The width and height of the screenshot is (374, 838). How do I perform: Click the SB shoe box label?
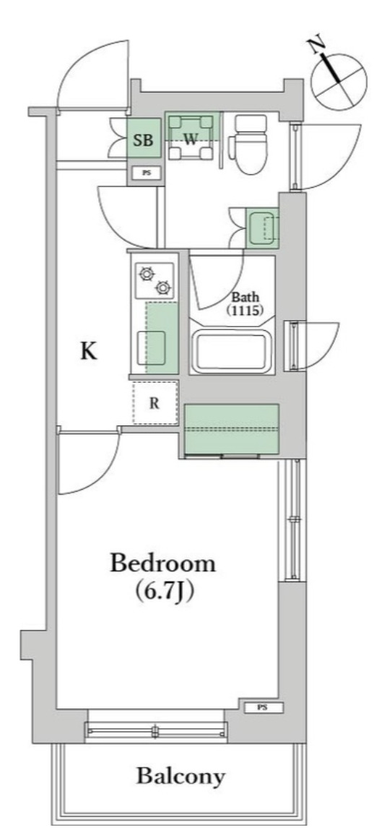144,140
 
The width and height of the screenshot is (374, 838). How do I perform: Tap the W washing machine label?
190,140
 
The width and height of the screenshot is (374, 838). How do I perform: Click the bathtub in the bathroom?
231,351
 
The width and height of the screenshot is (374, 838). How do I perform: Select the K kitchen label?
88,351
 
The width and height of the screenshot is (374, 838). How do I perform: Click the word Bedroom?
162,563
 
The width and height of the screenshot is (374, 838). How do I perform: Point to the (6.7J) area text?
165,591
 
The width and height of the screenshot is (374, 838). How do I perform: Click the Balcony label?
181,777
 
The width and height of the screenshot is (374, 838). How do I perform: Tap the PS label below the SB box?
146,173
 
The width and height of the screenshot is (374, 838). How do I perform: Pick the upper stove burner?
148,274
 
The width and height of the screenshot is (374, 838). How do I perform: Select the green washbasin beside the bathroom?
262,228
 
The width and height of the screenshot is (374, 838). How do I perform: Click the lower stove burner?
164,288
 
